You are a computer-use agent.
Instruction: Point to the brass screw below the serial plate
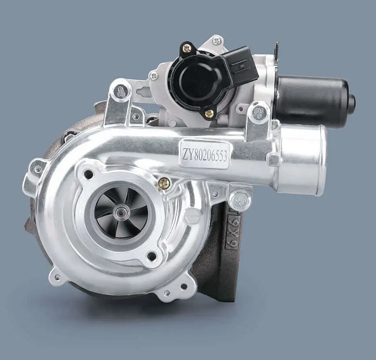164,182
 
